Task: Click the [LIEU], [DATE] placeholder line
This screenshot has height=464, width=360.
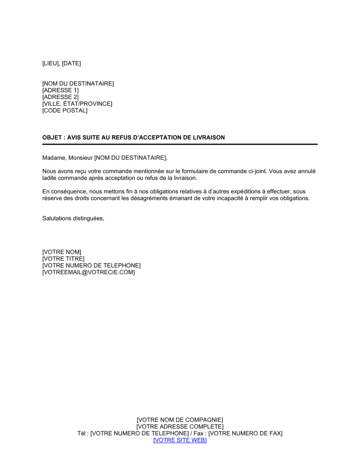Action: click(62, 63)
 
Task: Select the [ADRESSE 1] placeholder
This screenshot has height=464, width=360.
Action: click(60, 90)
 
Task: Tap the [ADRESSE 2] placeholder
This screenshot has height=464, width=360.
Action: click(60, 97)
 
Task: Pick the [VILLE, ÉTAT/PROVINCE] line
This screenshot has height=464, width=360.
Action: click(77, 104)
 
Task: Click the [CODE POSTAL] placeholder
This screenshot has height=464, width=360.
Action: click(65, 110)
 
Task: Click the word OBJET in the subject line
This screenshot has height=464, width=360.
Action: click(52, 137)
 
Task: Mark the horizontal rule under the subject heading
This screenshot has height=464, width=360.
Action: click(180, 144)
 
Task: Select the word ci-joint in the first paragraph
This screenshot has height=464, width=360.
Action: click(258, 171)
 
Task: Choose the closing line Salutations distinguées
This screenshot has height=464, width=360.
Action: click(73, 218)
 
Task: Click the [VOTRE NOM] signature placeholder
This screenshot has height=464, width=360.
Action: click(62, 252)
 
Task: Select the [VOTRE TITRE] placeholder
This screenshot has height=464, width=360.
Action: click(63, 259)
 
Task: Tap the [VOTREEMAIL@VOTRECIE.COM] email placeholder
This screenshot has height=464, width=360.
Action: click(89, 272)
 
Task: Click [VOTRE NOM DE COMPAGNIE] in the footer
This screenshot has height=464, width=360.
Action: click(180, 420)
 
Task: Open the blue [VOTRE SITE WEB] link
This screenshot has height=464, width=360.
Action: click(180, 440)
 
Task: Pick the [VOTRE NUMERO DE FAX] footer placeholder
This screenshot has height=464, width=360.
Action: click(246, 433)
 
